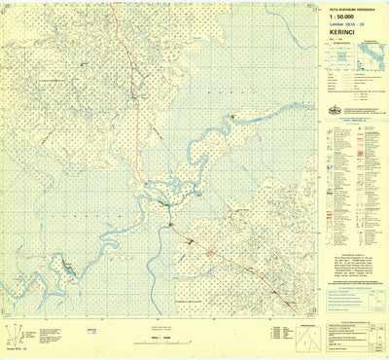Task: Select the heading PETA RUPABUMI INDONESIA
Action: tap(350, 7)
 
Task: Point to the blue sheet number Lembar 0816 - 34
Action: tap(348, 24)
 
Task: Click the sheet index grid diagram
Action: tap(339, 59)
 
